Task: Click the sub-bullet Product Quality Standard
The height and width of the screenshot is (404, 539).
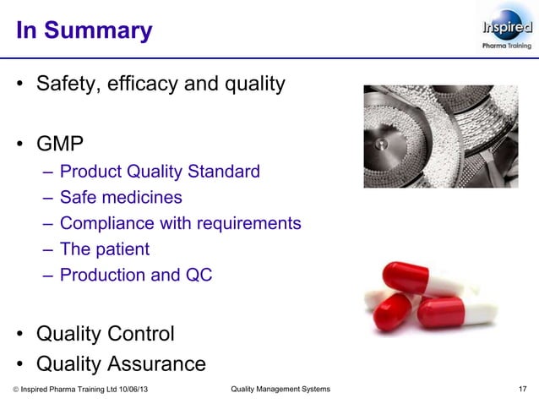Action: click(160, 172)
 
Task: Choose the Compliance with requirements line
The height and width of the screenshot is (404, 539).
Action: click(180, 223)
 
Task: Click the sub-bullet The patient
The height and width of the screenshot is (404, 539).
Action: click(105, 249)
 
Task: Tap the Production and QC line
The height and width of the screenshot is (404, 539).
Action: click(136, 275)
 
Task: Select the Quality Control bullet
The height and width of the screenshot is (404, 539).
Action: click(105, 333)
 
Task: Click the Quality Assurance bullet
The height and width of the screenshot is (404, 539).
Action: click(120, 363)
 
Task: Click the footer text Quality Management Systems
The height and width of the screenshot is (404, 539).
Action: click(280, 389)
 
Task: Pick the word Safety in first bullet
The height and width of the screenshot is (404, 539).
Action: click(67, 85)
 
